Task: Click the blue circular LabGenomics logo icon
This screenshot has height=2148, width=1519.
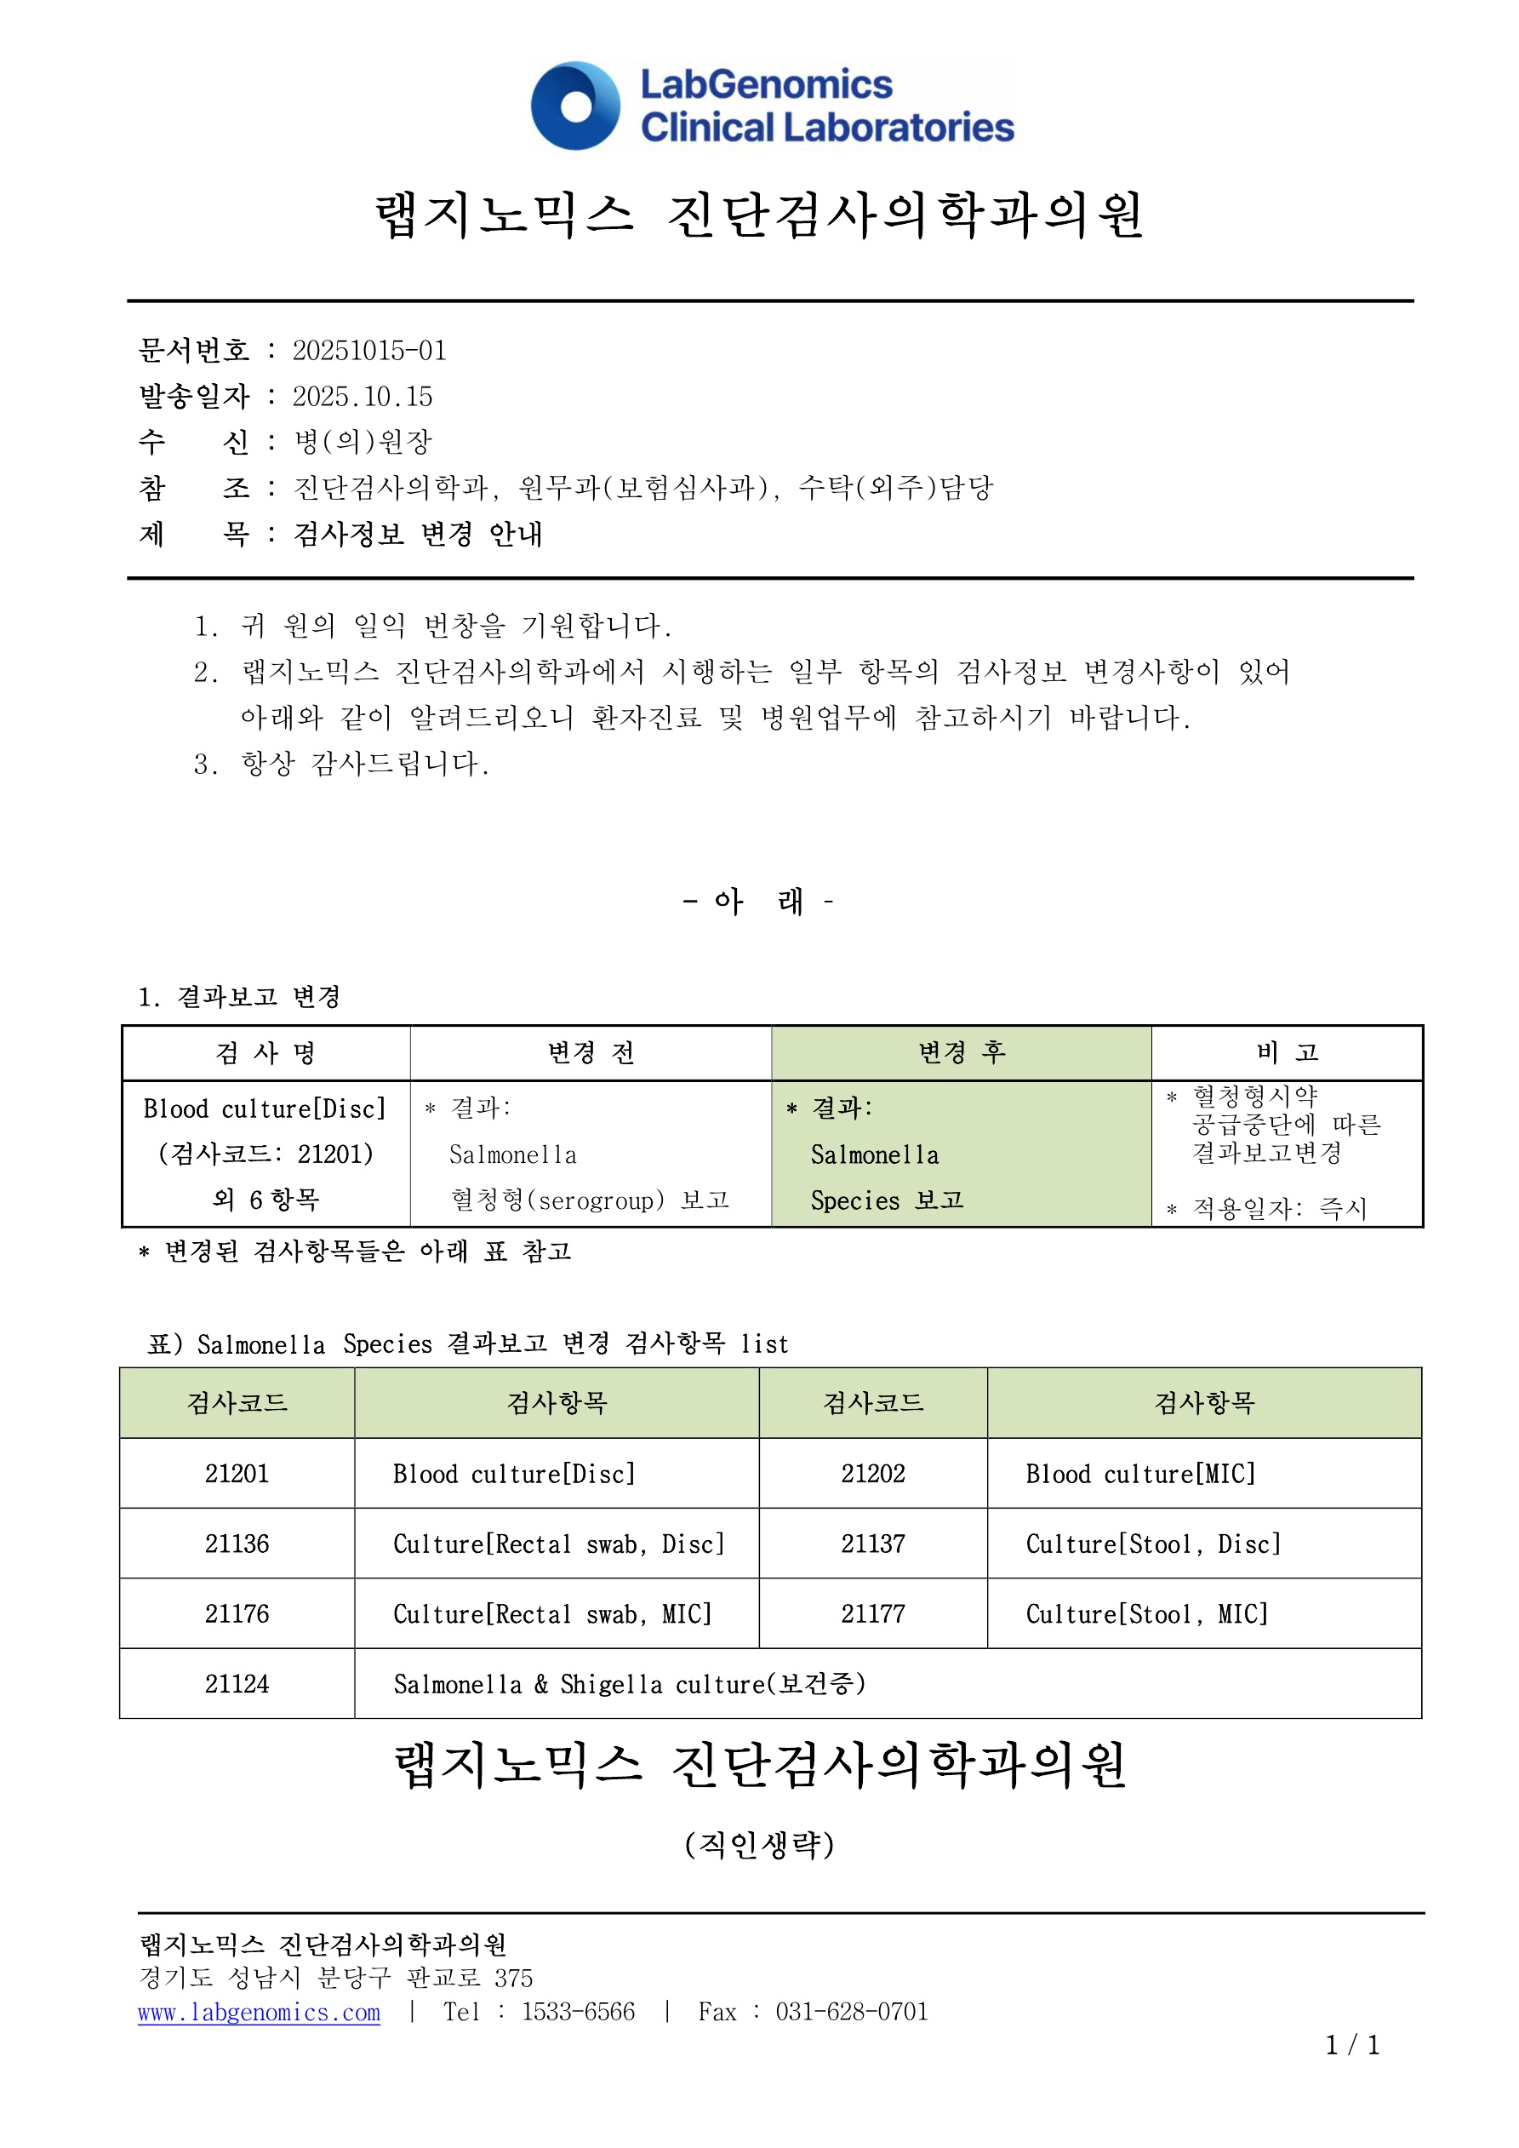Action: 575,106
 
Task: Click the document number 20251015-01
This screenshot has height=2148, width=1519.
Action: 369,351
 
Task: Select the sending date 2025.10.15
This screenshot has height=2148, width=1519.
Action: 363,397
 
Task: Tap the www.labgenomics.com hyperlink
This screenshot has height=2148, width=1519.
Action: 259,2013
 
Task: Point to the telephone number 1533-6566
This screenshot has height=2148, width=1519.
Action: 578,2013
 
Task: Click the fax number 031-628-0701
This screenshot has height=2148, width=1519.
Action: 851,2013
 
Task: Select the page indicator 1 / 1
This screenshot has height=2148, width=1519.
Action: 1352,2045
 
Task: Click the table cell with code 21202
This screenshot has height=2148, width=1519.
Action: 872,1474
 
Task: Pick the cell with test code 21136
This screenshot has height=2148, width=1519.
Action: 237,1544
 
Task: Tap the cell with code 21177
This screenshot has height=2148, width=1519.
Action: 872,1614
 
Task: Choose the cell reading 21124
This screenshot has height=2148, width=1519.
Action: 237,1684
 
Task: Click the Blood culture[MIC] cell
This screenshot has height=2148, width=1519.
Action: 1140,1475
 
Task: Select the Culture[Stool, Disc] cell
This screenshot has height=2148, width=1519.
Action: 1153,1544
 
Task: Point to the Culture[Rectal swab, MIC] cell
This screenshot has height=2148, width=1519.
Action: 551,1614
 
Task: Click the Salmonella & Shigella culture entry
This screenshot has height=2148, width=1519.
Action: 629,1684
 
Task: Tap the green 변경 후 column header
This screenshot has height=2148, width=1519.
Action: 962,1053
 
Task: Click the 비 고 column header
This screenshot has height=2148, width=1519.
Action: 1287,1053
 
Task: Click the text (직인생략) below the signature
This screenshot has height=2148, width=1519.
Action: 759,1845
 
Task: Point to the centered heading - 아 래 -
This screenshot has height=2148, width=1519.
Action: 758,902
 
